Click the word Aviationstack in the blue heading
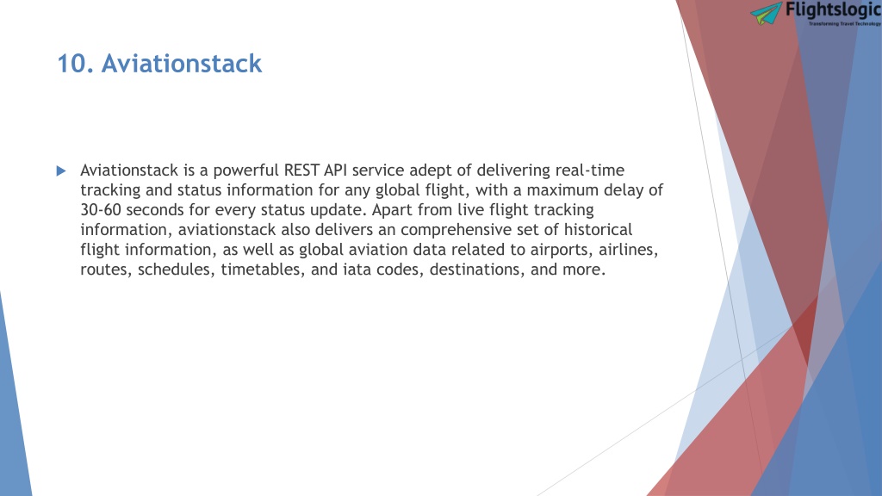point(182,64)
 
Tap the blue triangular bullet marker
point(61,171)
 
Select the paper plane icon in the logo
point(766,14)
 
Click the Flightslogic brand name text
point(833,9)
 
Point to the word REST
point(301,170)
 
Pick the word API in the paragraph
point(335,170)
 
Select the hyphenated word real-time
point(589,170)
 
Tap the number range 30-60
point(101,210)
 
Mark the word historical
point(598,229)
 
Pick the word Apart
point(392,210)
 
